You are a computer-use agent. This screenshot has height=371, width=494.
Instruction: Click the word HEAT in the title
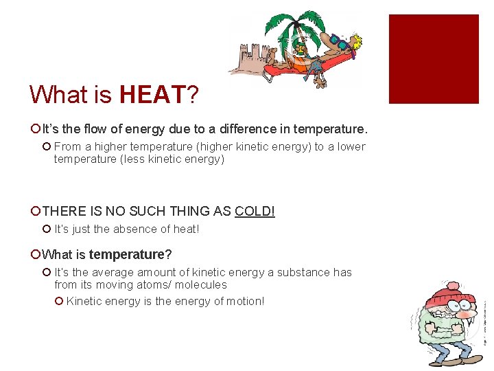(152, 94)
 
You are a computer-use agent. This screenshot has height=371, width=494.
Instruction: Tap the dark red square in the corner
(434, 59)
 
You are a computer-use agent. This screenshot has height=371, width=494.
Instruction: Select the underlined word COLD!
(255, 211)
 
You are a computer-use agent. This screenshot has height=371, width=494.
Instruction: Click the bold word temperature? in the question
(130, 254)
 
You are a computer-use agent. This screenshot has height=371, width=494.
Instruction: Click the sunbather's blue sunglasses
(337, 41)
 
